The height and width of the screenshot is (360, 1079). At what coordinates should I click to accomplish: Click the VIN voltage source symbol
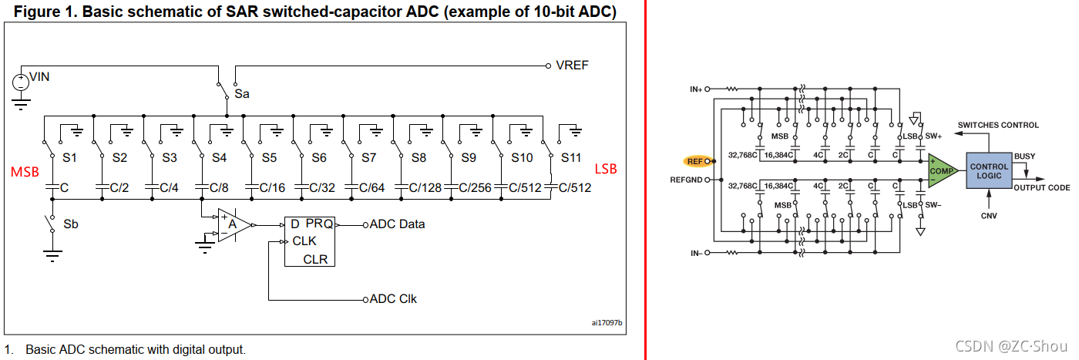pyautogui.click(x=21, y=82)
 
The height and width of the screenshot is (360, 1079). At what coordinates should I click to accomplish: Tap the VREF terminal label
pyautogui.click(x=572, y=65)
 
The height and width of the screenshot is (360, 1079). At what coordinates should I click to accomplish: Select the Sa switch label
pyautogui.click(x=242, y=93)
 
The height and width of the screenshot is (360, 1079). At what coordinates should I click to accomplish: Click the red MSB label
pyautogui.click(x=25, y=172)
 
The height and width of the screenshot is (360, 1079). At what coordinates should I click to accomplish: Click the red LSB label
pyautogui.click(x=606, y=169)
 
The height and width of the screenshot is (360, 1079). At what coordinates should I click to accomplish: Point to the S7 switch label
pyautogui.click(x=369, y=157)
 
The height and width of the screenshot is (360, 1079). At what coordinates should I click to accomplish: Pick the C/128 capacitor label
pyautogui.click(x=425, y=187)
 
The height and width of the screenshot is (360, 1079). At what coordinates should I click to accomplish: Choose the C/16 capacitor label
pyautogui.click(x=272, y=187)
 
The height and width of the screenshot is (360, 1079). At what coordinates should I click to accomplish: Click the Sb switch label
pyautogui.click(x=71, y=224)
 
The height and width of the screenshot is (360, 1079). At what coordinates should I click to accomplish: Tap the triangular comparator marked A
pyautogui.click(x=234, y=225)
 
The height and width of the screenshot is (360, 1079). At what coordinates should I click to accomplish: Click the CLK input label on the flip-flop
pyautogui.click(x=304, y=241)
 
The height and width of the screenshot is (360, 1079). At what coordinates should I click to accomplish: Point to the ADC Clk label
pyautogui.click(x=393, y=299)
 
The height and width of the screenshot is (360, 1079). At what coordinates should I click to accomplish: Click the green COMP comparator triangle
pyautogui.click(x=941, y=170)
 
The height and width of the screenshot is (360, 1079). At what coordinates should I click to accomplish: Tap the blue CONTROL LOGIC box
pyautogui.click(x=989, y=170)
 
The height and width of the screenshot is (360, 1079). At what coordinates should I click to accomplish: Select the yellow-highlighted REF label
pyautogui.click(x=695, y=161)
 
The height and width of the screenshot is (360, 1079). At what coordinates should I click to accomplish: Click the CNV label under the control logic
pyautogui.click(x=989, y=216)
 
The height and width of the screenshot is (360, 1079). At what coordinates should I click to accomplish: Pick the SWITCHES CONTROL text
pyautogui.click(x=998, y=126)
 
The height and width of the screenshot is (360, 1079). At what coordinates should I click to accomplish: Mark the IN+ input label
pyautogui.click(x=696, y=89)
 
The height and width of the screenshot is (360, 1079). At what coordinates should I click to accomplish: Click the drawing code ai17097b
pyautogui.click(x=607, y=322)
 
